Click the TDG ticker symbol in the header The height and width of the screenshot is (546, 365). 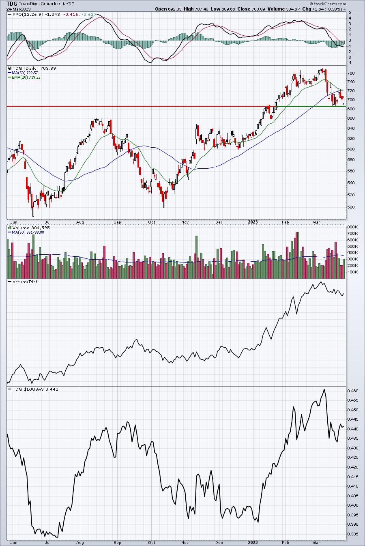pos(12,4)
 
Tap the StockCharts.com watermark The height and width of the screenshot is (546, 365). pos(328,4)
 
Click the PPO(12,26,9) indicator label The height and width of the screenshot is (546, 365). pos(28,14)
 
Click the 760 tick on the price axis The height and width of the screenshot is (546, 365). pos(351,73)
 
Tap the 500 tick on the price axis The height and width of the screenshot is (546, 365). pos(351,207)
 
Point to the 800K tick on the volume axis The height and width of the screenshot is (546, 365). pos(352,227)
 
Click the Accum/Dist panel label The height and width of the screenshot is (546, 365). pos(25,282)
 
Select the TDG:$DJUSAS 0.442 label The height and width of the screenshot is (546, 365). pos(35,389)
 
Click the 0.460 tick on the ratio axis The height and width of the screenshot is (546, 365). pos(353,391)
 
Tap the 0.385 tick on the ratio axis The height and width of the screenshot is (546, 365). pos(353,534)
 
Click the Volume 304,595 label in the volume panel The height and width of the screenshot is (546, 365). pos(31,228)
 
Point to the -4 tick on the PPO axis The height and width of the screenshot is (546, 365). pos(350,62)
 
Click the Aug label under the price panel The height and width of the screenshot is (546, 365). pos(80,222)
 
